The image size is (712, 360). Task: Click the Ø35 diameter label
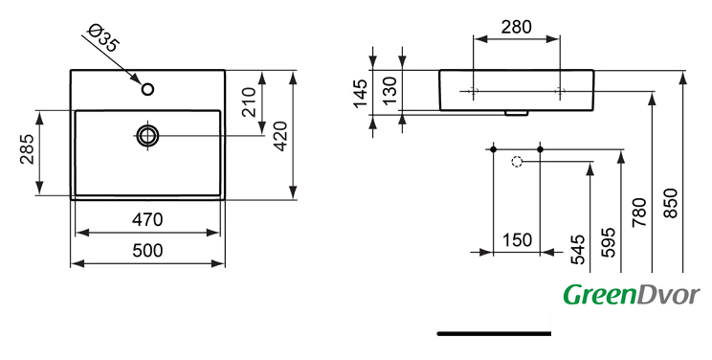click(104, 37)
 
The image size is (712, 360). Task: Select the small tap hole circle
click(147, 89)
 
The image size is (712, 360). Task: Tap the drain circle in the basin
click(147, 135)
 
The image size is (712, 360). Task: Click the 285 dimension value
click(27, 149)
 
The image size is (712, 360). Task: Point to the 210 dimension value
click(249, 101)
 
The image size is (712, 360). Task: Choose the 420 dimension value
click(280, 136)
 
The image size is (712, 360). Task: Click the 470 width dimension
click(147, 219)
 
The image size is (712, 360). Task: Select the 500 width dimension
click(147, 251)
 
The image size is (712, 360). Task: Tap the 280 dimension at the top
click(516, 27)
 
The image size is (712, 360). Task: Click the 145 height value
click(360, 94)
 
